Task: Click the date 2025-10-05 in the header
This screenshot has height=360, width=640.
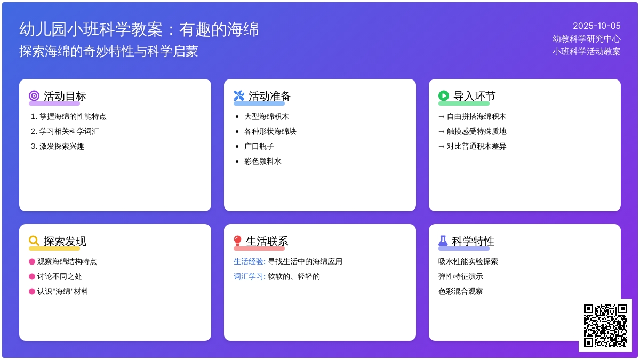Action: (597, 26)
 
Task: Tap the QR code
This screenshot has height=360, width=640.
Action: (605, 325)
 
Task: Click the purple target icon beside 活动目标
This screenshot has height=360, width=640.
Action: (34, 95)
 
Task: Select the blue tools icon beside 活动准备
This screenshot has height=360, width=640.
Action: (239, 95)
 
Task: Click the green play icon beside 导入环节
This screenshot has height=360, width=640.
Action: (444, 95)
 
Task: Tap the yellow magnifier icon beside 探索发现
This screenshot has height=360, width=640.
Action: (34, 241)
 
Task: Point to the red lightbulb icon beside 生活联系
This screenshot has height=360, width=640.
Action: (237, 241)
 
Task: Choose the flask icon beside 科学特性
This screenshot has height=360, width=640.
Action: (443, 241)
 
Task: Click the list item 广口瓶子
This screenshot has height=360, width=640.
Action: (259, 147)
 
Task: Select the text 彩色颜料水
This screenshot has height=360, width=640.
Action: (262, 162)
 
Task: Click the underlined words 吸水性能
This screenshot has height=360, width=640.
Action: (453, 261)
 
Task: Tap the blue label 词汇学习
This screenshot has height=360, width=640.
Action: (250, 277)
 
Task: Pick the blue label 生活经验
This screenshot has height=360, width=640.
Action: (250, 261)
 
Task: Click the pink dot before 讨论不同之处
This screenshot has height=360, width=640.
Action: (32, 277)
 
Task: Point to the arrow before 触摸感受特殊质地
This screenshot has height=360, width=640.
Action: (442, 131)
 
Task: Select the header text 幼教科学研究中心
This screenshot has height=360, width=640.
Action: (586, 39)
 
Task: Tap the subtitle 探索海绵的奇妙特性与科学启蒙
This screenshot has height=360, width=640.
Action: (109, 51)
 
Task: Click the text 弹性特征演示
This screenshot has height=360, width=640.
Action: (461, 277)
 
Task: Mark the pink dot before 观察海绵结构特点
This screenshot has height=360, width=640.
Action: (32, 261)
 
